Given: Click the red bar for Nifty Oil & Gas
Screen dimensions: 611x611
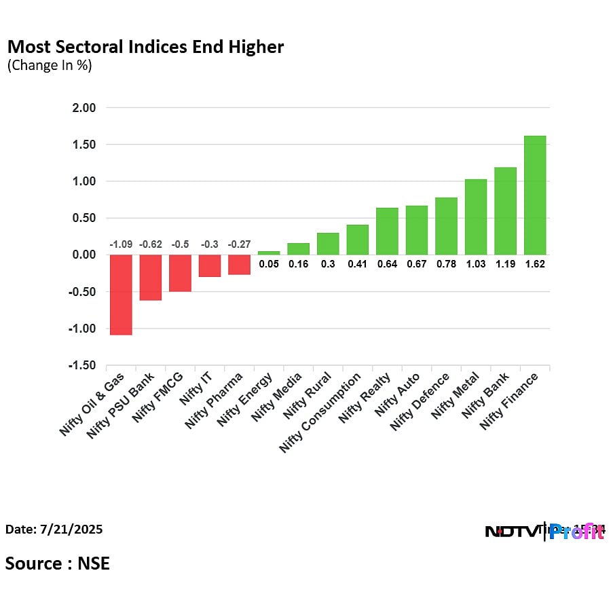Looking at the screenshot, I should click(x=122, y=295).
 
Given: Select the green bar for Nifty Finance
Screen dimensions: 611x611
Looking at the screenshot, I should click(x=535, y=196).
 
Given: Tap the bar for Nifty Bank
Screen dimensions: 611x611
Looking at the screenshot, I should click(x=505, y=211).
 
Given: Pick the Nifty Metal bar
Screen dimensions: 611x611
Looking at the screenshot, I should click(x=476, y=217).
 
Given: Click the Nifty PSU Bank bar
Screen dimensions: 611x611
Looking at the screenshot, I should click(x=151, y=277).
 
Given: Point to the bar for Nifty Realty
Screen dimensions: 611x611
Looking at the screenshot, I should click(x=387, y=232).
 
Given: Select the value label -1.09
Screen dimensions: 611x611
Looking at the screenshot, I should click(x=122, y=244).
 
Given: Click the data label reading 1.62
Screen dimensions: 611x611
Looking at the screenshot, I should click(x=535, y=264).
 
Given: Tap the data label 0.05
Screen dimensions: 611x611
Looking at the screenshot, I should click(x=269, y=264).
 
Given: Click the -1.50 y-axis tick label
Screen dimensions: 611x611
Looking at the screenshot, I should click(x=81, y=366).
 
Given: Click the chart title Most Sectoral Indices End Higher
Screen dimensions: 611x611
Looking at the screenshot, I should click(x=145, y=47).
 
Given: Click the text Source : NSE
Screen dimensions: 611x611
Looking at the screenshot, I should click(x=58, y=563).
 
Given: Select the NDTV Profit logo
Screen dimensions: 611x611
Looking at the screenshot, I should click(x=544, y=532).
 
